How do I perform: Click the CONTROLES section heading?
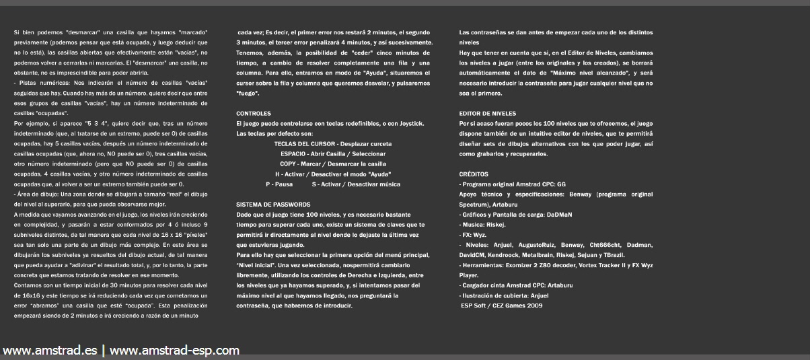point(254,114)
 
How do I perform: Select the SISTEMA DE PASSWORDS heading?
point(273,204)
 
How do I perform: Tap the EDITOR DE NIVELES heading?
point(487,114)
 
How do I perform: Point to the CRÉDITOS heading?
point(474,174)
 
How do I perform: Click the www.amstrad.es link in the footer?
point(50,350)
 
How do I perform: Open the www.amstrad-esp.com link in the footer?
point(174,350)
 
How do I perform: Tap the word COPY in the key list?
point(289,164)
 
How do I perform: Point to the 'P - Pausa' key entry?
point(279,184)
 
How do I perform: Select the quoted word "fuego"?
point(247,93)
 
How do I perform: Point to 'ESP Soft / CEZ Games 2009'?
point(501,305)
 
